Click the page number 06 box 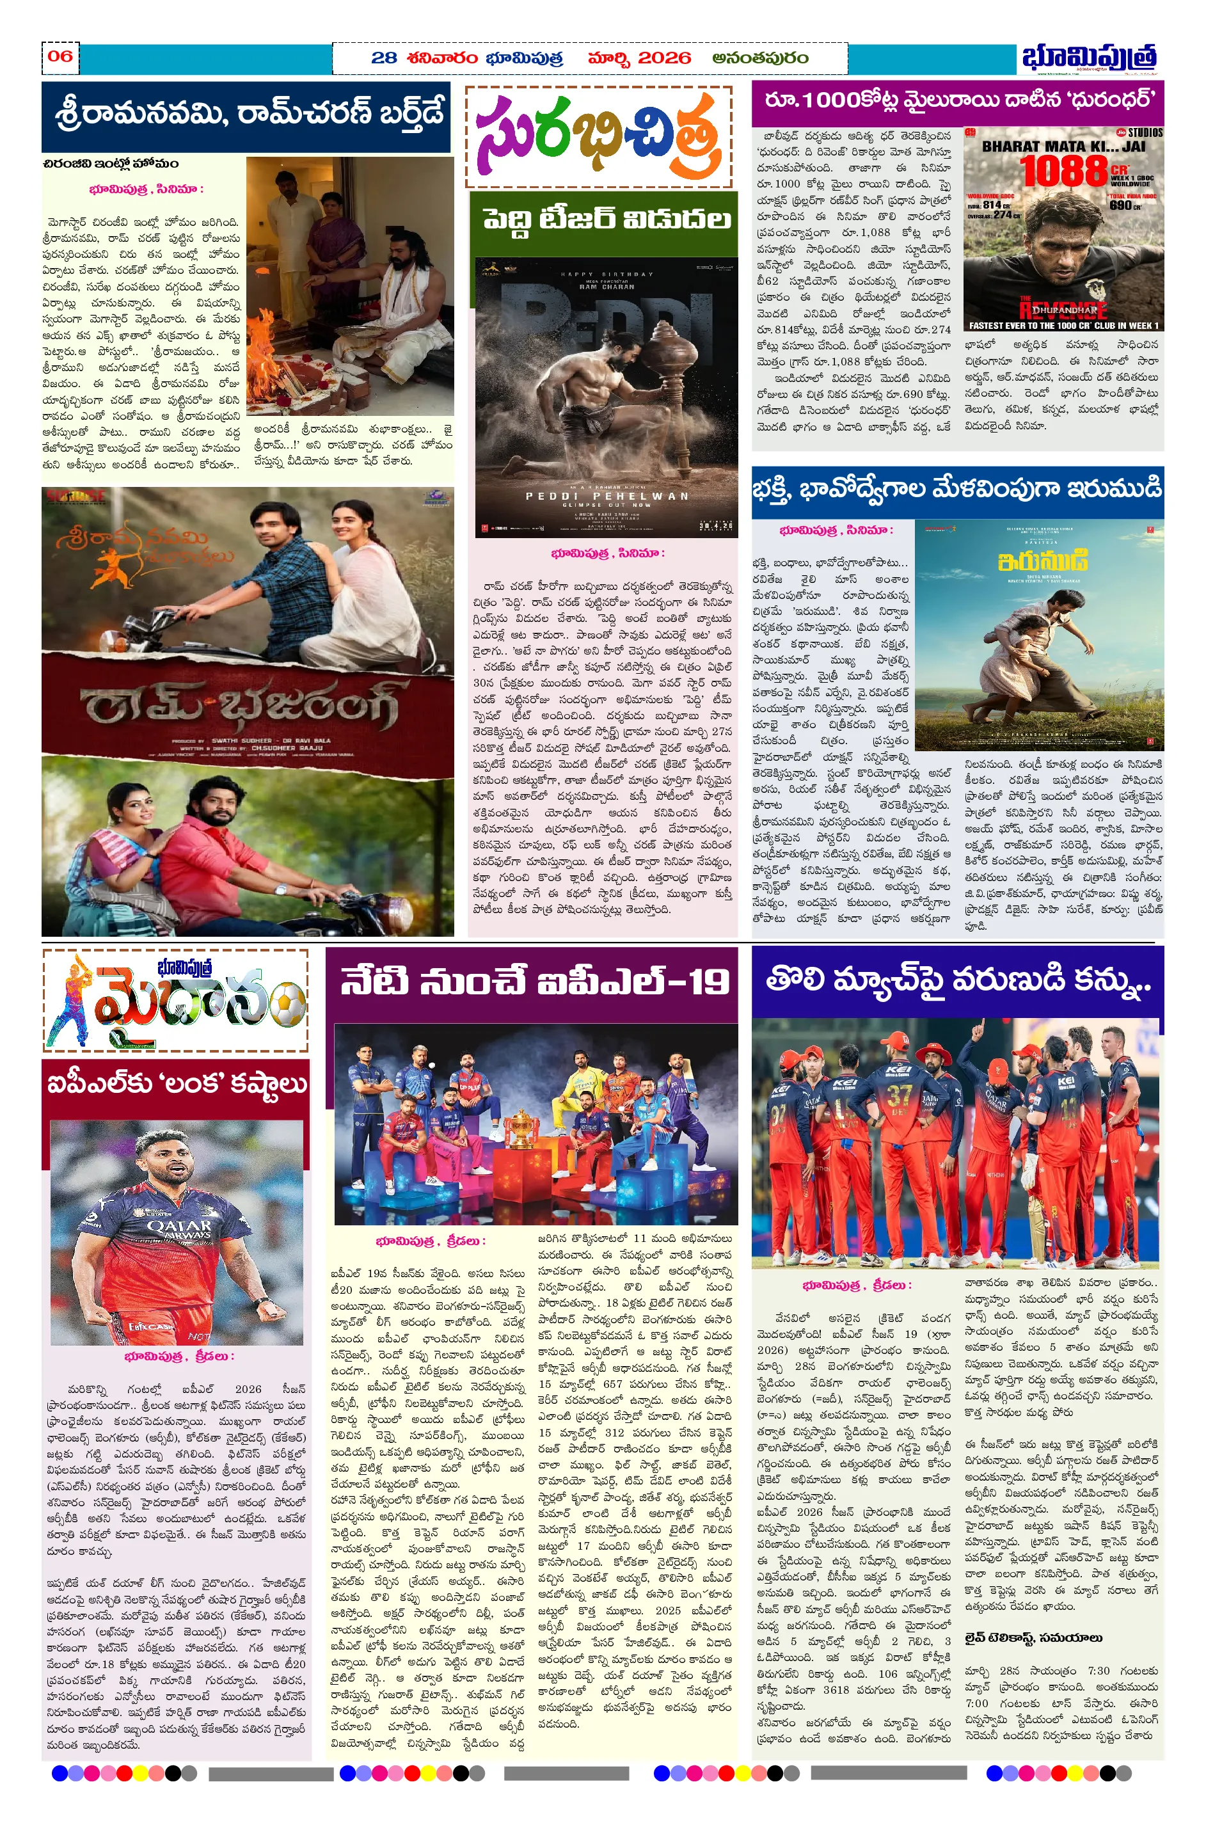point(60,57)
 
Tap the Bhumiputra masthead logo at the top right point(1089,58)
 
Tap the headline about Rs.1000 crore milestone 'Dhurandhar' point(956,100)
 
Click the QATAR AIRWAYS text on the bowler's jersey point(179,1228)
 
